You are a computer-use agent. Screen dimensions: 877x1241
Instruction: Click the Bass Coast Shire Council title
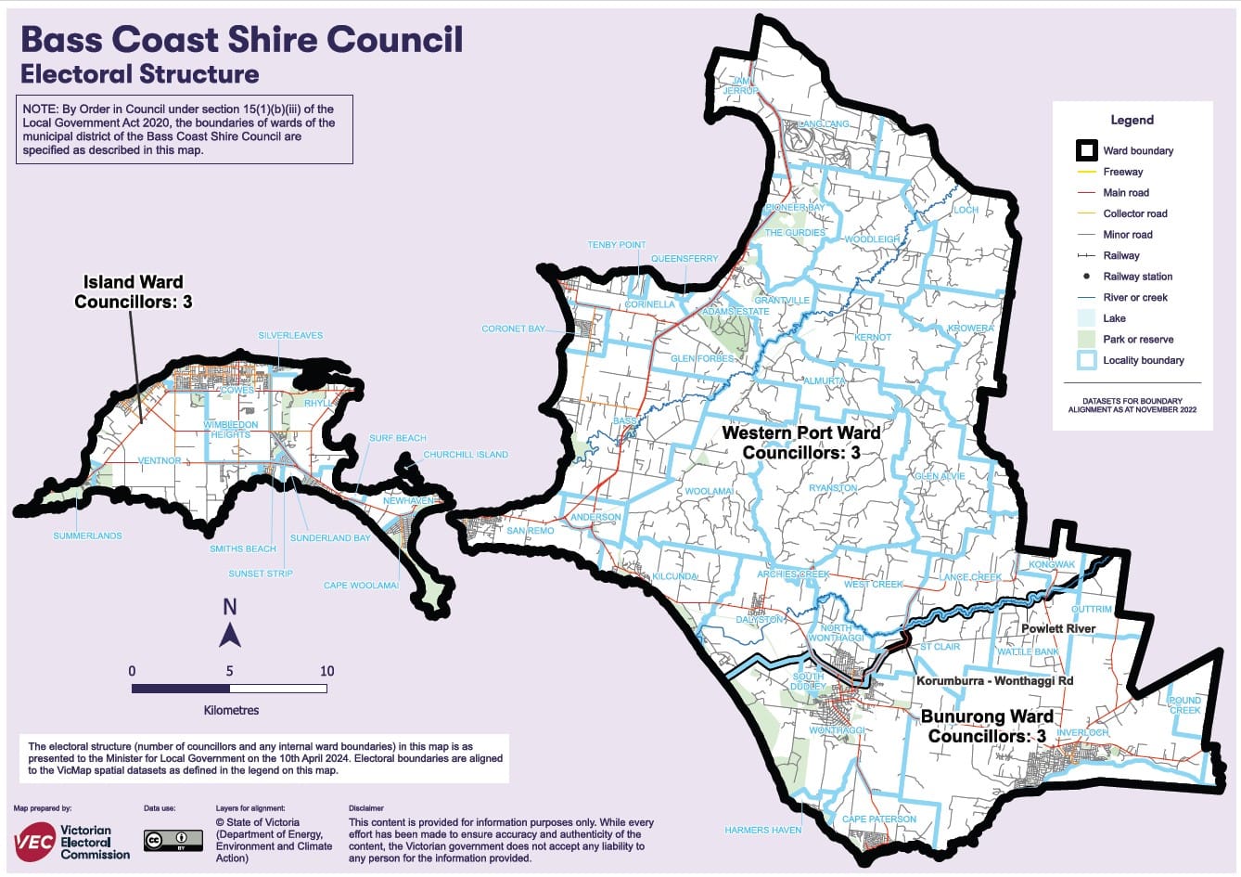pos(241,39)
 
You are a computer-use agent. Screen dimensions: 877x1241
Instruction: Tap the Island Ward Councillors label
pos(133,291)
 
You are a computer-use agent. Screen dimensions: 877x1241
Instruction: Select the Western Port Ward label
pos(801,443)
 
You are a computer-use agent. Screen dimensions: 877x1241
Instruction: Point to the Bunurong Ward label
pos(987,727)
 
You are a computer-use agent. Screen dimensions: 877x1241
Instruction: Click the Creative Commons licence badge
pos(173,841)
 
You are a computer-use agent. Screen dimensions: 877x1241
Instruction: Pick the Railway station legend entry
pos(1137,277)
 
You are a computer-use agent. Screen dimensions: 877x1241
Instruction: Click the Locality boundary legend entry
pos(1143,360)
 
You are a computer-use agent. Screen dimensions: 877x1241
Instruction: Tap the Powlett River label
pos(1058,628)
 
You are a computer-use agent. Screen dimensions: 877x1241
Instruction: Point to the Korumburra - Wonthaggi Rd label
pos(994,680)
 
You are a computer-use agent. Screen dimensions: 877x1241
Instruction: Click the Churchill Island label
pos(466,455)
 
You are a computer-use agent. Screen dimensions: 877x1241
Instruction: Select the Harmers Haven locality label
pos(762,830)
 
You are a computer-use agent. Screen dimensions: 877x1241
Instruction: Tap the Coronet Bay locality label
pos(513,329)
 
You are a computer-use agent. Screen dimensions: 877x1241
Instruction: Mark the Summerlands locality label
pos(87,535)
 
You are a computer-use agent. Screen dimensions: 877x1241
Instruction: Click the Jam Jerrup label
pos(740,85)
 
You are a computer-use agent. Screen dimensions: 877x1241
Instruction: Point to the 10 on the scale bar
pos(326,671)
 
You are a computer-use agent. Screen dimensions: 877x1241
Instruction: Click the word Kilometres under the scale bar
pos(231,710)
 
